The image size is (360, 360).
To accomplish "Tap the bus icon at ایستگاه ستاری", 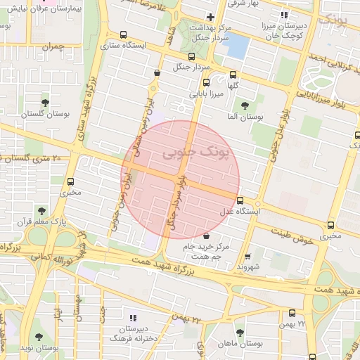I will tap(124, 34).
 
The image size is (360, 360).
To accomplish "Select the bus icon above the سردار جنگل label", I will tap(191, 57).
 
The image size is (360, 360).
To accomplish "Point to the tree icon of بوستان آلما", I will tap(245, 105).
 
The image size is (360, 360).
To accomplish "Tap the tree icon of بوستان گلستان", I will tap(46, 102).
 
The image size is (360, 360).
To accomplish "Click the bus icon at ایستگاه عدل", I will tap(240, 200).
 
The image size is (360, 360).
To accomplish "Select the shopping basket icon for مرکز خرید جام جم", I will tap(206, 236).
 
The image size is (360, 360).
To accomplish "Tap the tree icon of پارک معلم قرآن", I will tap(42, 210).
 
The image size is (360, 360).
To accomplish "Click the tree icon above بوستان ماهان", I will tap(240, 333).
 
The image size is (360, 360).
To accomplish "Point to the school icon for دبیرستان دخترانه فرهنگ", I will tap(134, 318).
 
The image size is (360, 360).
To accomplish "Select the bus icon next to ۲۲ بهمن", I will tap(292, 313).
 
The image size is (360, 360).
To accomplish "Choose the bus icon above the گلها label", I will tap(233, 73).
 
